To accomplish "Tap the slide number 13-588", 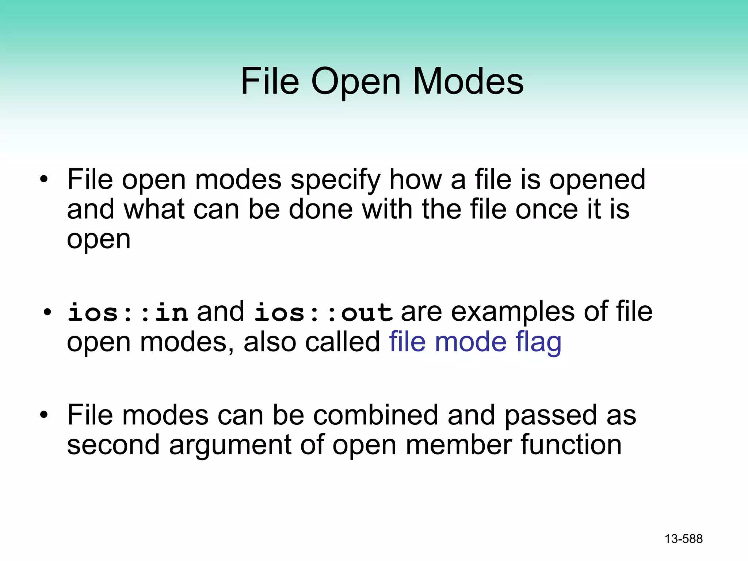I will coord(683,539).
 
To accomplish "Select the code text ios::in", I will coord(128,313).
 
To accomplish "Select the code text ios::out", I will coord(323,313).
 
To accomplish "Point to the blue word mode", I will coord(471,342).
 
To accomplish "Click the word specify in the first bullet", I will coord(336,180).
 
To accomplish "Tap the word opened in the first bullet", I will coord(598,180).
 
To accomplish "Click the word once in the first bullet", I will coord(547,210).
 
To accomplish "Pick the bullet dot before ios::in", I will coord(47,313).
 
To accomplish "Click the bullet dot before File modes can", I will coord(44,415).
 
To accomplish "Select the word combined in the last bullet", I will coord(375,415).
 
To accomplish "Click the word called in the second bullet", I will coord(343,342).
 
